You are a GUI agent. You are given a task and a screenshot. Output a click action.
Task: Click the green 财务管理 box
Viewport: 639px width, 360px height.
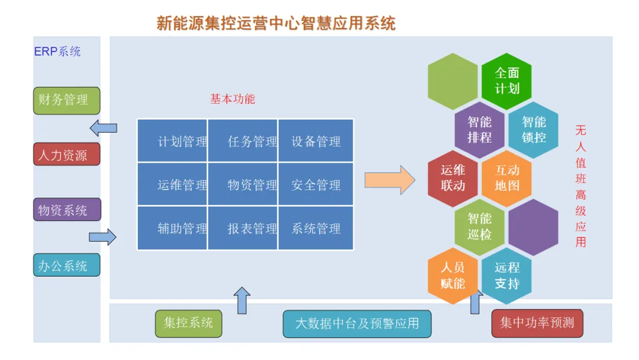point(66,100)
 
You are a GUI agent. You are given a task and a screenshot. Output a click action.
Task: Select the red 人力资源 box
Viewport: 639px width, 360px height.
point(66,155)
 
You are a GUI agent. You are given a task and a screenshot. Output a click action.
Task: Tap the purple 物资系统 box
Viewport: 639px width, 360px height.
point(66,210)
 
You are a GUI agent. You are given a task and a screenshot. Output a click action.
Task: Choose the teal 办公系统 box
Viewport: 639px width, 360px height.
point(66,265)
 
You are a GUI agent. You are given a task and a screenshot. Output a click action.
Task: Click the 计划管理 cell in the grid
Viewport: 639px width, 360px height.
point(173,141)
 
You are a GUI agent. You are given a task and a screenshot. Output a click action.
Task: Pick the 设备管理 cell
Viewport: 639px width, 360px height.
point(316,141)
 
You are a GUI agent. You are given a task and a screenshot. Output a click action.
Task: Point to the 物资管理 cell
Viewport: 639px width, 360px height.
point(243,185)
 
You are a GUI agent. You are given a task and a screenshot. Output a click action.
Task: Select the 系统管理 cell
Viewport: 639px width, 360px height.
point(316,229)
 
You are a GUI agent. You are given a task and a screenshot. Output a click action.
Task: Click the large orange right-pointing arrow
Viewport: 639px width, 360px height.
point(389,180)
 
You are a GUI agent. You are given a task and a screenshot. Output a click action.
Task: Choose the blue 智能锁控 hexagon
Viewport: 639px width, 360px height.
point(533,130)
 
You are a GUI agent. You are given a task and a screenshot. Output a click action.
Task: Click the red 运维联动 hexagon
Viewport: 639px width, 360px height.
point(453,178)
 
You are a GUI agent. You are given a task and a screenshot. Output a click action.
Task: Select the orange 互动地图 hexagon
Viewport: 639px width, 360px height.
point(506,178)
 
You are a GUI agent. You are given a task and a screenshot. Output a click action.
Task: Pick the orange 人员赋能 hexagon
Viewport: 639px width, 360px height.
point(453,276)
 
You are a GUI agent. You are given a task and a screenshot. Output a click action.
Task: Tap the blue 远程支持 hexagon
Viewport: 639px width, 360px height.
point(506,276)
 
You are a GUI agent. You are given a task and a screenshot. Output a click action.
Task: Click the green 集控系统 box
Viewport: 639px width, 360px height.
point(188,323)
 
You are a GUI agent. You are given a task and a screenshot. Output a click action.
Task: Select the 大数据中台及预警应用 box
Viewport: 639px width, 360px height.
point(357,324)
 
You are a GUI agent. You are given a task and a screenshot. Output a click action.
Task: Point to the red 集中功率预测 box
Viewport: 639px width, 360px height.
point(537,323)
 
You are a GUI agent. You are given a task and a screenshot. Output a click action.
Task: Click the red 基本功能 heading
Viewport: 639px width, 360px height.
point(232,99)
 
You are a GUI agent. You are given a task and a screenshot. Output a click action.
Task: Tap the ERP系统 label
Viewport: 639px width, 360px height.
point(57,52)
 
